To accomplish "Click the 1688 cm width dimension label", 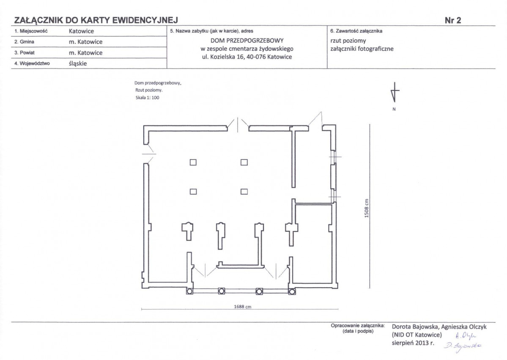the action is click(243, 307).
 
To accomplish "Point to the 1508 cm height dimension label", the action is click(367, 208).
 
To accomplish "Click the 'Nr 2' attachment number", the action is click(453, 20).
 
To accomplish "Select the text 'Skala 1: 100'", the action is click(148, 98).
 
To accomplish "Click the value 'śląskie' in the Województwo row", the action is click(78, 63).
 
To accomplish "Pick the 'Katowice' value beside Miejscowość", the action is click(81, 31).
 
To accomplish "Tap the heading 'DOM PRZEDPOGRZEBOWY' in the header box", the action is click(247, 41).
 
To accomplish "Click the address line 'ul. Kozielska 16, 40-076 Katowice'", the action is click(247, 57).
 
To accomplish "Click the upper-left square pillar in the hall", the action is click(193, 162).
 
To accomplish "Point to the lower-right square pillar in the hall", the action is click(244, 192).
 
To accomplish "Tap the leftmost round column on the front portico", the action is click(190, 291).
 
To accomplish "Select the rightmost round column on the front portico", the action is click(292, 291).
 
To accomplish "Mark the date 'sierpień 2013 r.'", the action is click(413, 343).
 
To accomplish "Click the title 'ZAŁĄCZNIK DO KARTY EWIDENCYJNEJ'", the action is click(96, 20).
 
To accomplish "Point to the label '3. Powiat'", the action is click(24, 53).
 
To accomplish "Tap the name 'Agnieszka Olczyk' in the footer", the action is click(464, 327).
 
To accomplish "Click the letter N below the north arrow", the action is click(394, 109).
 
